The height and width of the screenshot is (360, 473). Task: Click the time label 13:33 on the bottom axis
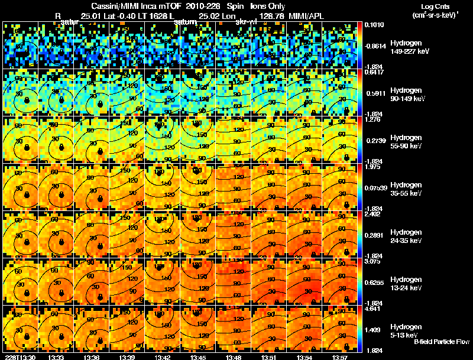click(x=56, y=357)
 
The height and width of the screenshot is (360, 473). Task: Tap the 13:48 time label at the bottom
click(x=234, y=357)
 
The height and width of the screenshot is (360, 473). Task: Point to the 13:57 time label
click(x=340, y=357)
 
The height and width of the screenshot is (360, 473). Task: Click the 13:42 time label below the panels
click(x=163, y=357)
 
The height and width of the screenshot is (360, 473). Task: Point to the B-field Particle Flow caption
click(x=441, y=342)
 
